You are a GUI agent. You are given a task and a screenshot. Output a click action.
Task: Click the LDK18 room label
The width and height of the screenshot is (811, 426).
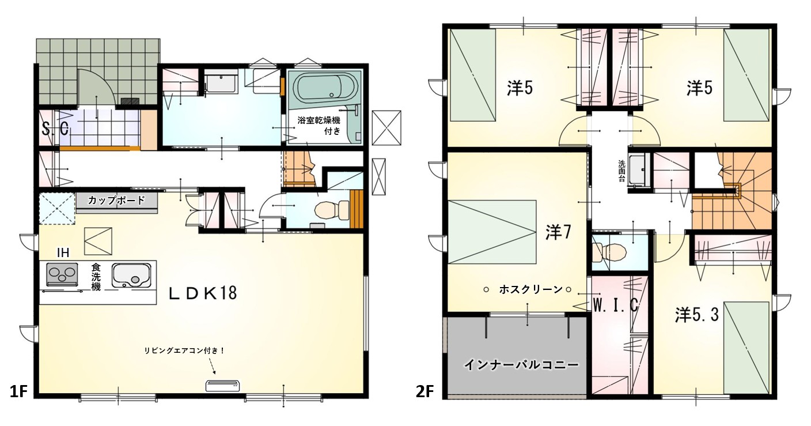tap(203, 293)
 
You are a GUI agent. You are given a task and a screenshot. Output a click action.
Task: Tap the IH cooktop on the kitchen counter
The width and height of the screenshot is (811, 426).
tap(62, 274)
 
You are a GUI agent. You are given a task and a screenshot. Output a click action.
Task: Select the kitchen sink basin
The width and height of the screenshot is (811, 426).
tap(131, 275)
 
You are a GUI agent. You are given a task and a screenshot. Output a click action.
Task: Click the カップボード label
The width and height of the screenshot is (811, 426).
tap(116, 200)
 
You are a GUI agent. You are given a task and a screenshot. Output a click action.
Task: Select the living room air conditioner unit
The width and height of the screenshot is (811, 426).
tap(223, 386)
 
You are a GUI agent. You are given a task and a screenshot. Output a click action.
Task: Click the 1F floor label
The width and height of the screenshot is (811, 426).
tap(18, 391)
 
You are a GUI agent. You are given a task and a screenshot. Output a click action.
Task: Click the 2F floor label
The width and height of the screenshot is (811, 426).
tap(425, 391)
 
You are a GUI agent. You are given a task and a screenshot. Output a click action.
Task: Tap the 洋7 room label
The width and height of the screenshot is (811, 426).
tap(558, 232)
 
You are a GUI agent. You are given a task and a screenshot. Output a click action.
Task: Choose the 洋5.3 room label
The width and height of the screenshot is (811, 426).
tap(696, 315)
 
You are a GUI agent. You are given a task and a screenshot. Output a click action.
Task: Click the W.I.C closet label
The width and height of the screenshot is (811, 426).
tap(615, 306)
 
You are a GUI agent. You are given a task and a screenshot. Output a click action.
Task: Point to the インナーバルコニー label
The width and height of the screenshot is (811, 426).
tap(521, 364)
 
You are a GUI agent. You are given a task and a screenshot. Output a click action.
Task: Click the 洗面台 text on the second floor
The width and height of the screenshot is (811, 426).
tap(621, 171)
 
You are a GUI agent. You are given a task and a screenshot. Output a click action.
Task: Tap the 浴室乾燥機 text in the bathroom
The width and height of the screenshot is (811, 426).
tap(319, 120)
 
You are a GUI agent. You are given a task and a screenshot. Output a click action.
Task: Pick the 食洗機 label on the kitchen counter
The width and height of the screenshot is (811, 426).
tap(96, 277)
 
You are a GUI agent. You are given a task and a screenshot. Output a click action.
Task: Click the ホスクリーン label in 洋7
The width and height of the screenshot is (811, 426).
tap(530, 289)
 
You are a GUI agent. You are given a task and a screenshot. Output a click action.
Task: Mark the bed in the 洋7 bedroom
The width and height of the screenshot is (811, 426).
tap(492, 232)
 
